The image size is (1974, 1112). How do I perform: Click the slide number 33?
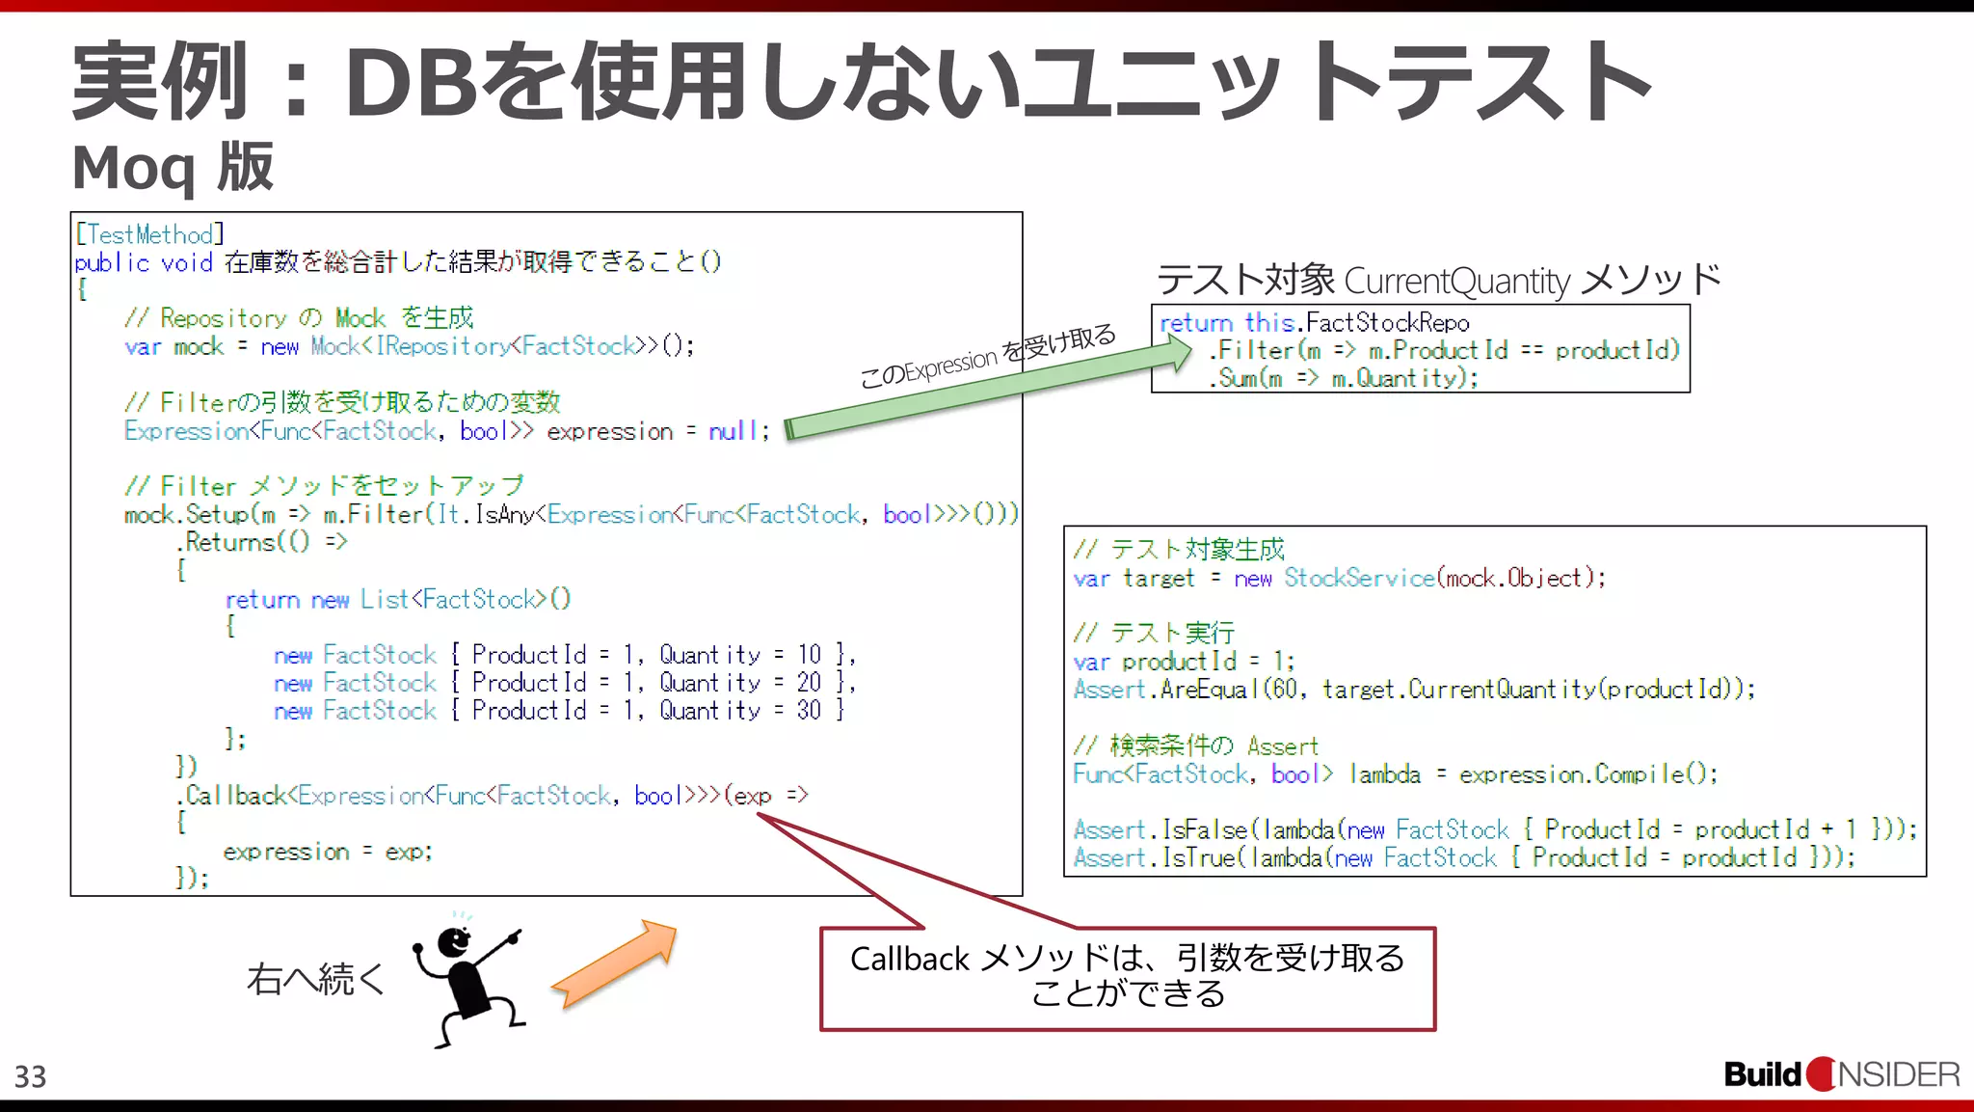[30, 1076]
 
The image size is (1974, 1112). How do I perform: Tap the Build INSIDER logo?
[1841, 1073]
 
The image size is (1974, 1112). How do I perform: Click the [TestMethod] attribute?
[149, 234]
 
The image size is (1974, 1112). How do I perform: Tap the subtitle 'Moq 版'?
[173, 168]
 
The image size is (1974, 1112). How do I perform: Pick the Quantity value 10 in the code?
[810, 655]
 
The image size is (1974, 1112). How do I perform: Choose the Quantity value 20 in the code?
[810, 683]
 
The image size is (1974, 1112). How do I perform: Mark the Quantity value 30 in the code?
[810, 711]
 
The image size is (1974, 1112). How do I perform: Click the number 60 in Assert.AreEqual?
[1284, 690]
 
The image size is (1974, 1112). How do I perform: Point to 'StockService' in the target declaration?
[1359, 578]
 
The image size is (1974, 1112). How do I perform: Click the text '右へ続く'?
[316, 979]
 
